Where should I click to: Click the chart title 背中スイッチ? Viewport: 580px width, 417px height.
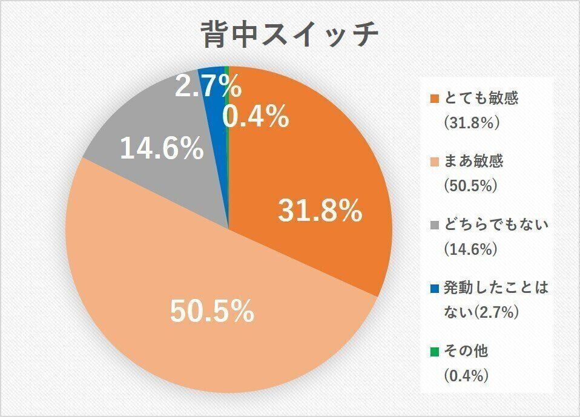pyautogui.click(x=289, y=35)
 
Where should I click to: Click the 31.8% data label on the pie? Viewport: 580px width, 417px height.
pyautogui.click(x=320, y=211)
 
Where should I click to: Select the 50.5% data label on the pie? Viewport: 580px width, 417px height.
pyautogui.click(x=211, y=312)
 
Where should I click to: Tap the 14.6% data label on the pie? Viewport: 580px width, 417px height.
pyautogui.click(x=161, y=149)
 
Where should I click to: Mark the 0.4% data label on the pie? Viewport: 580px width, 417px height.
pyautogui.click(x=255, y=117)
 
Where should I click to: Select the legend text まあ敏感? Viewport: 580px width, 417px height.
pyautogui.click(x=473, y=162)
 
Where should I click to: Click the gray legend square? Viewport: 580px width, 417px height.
pyautogui.click(x=434, y=226)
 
